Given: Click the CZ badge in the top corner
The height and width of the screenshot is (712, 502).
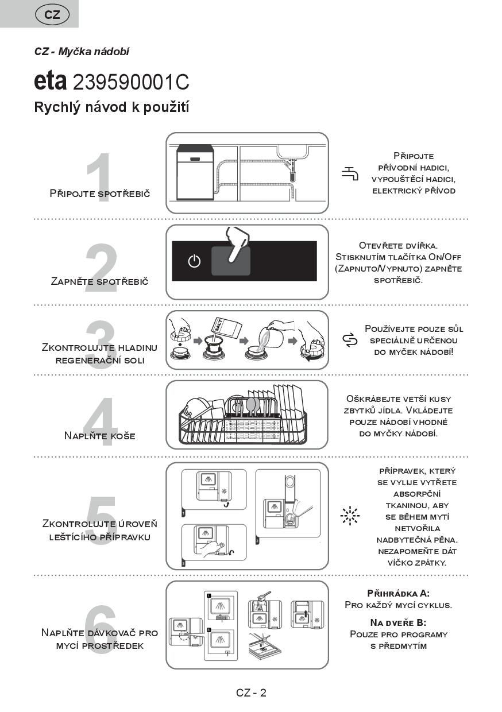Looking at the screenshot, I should tap(52, 15).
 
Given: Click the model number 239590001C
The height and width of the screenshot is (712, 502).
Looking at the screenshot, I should tap(131, 82).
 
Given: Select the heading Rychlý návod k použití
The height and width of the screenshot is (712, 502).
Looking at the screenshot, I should tap(112, 107).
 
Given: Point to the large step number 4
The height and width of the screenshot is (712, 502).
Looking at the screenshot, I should tap(101, 423).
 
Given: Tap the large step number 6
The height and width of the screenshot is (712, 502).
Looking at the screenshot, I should tap(101, 625).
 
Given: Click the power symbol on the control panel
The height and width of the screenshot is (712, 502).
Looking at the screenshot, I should tap(195, 261).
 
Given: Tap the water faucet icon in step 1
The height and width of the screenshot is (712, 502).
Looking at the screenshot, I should tap(350, 173).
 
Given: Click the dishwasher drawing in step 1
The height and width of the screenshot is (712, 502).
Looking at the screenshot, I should tap(195, 172).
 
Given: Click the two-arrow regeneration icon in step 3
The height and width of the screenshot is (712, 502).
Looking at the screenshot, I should tap(350, 340).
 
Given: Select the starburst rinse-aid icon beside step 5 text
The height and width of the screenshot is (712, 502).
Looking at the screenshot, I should tap(349, 516).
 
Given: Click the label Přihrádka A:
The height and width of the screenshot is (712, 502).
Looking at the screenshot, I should tap(398, 593).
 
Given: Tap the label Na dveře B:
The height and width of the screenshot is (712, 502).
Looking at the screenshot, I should tap(398, 622).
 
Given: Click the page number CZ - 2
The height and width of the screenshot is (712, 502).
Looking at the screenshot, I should tap(251, 692).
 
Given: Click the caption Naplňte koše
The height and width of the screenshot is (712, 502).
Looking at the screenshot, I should tap(100, 436).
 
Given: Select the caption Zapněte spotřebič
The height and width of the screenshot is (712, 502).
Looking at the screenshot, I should tap(99, 281).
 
